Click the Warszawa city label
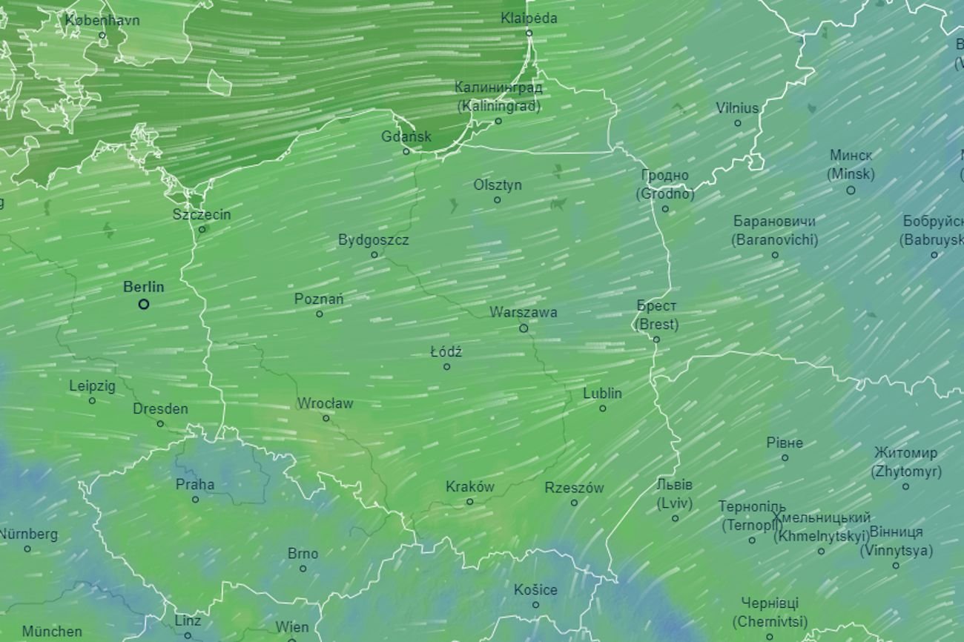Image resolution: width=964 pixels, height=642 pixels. (x=523, y=313)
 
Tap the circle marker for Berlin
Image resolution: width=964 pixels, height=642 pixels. (x=144, y=304)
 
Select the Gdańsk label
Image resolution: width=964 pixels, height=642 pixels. (x=406, y=137)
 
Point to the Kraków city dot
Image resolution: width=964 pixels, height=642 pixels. (x=469, y=502)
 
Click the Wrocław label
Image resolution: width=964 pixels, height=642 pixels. (x=325, y=404)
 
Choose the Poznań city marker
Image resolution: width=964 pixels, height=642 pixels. (x=320, y=314)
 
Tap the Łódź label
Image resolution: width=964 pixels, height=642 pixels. (x=446, y=352)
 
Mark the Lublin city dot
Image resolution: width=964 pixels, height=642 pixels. (x=602, y=408)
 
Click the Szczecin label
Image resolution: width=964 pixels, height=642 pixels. (x=202, y=215)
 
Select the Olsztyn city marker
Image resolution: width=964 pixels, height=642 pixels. (x=497, y=199)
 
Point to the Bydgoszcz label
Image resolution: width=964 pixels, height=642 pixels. (x=373, y=240)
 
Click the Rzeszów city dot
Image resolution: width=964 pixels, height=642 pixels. (x=574, y=503)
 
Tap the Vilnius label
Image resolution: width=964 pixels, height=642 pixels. (x=737, y=108)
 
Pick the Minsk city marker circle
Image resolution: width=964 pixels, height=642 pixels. (x=851, y=191)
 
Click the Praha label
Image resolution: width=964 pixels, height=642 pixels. (x=195, y=485)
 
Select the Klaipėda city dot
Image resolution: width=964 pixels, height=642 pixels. (x=529, y=33)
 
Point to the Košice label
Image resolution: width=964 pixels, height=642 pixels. (x=535, y=590)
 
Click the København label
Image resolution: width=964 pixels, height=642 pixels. (x=102, y=21)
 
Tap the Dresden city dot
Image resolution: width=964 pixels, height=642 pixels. (x=160, y=424)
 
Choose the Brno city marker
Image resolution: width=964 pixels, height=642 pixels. (x=303, y=569)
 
